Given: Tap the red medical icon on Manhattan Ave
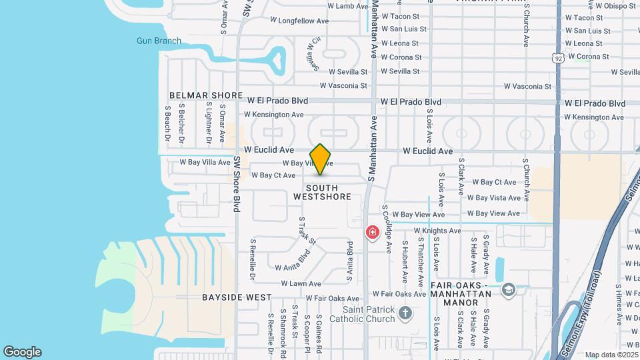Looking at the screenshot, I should point(372,233).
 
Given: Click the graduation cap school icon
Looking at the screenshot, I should point(509,289).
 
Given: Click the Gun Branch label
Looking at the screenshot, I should point(159,41).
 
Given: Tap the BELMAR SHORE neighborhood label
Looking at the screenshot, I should point(206,96).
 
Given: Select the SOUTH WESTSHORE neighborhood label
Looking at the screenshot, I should point(322,193).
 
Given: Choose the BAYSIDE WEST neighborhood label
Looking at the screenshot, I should point(237,297).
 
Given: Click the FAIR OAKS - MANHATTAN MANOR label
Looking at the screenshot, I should point(464,294).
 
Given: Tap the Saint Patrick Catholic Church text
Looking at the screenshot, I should point(369,314).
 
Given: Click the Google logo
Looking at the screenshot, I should point(22,352).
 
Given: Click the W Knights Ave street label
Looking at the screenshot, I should point(437,231).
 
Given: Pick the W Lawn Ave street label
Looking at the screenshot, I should point(301,283).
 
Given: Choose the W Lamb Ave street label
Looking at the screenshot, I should point(348,6).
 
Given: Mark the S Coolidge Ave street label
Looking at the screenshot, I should point(387,229).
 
